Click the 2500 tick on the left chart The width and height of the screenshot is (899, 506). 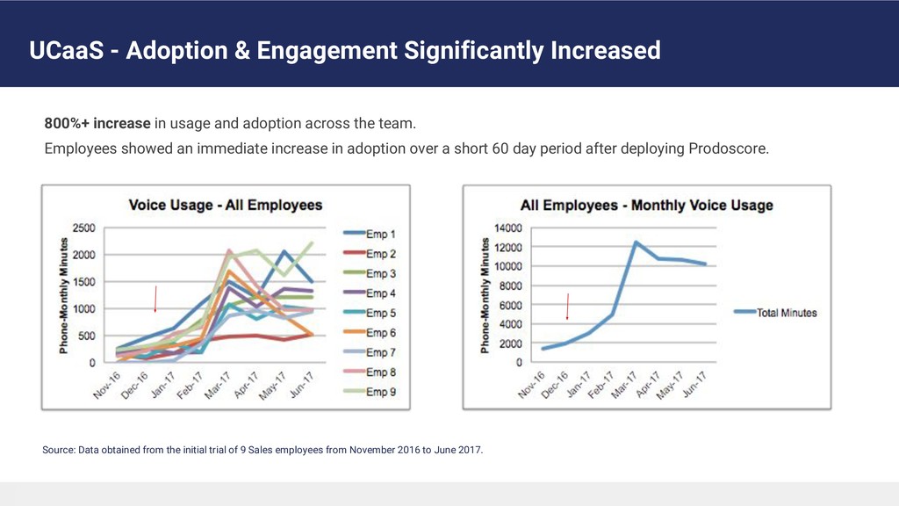click(84, 228)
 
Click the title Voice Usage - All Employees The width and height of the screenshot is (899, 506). click(226, 206)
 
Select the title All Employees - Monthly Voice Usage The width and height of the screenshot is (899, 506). click(646, 206)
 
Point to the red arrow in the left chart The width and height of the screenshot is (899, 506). click(156, 299)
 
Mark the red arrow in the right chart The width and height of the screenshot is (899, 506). click(568, 306)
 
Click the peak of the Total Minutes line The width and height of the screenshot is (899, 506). click(635, 242)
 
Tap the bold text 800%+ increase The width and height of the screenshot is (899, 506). click(98, 122)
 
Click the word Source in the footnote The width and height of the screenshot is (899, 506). click(58, 451)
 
